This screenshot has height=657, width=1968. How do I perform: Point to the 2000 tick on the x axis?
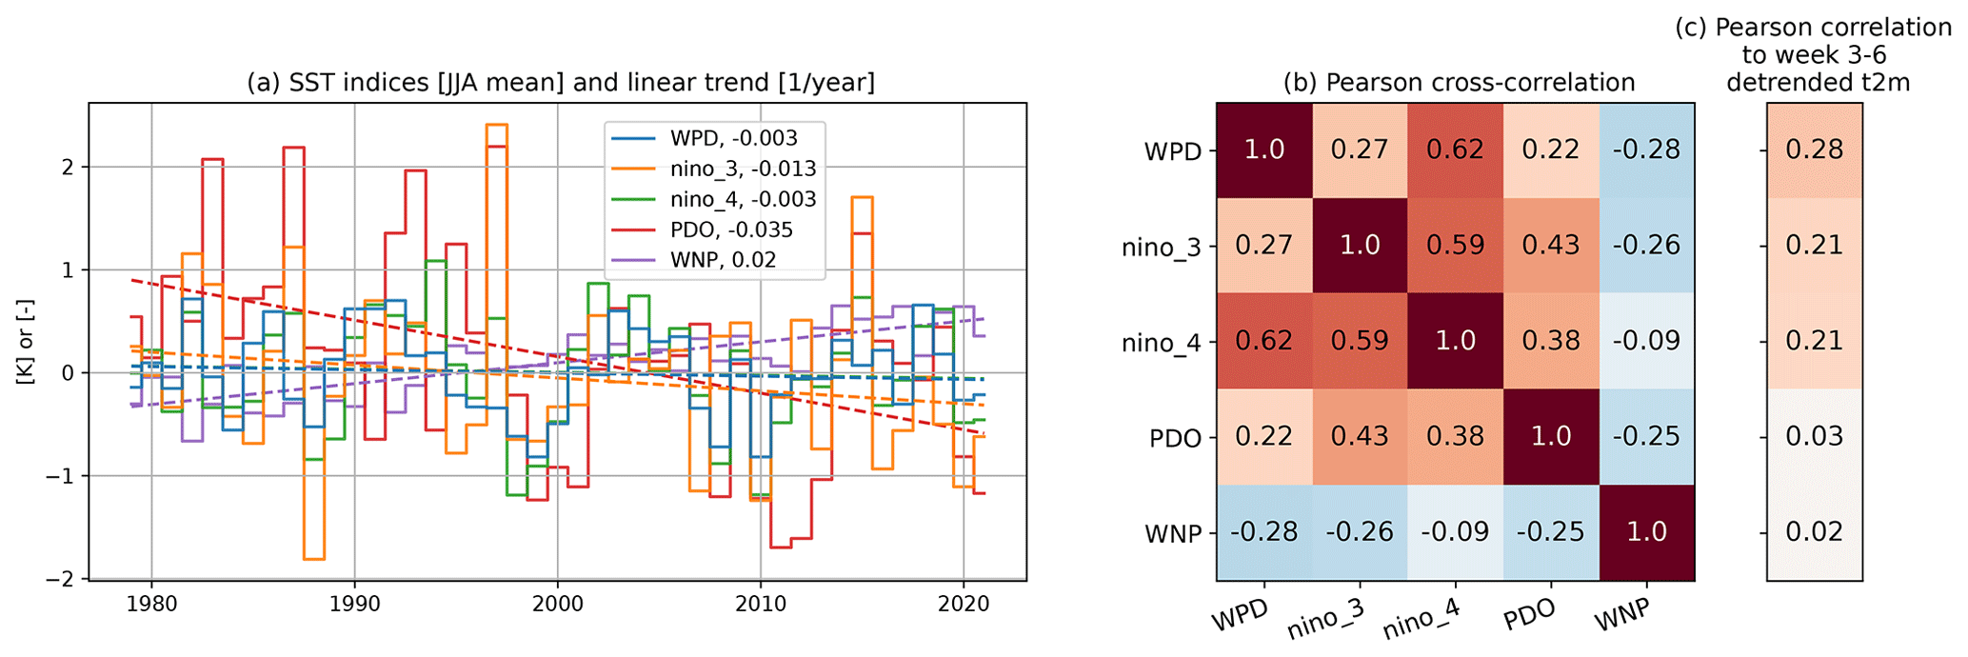pos(558,604)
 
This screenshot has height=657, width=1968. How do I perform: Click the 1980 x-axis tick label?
pos(151,604)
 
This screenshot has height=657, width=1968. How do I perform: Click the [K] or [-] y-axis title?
pos(26,342)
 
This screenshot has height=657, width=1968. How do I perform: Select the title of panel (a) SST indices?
pos(560,83)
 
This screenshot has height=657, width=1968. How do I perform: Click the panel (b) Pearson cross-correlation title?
pos(1459,83)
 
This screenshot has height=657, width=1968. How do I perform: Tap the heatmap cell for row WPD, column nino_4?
pos(1456,150)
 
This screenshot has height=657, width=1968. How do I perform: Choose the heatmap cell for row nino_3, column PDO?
pos(1551,246)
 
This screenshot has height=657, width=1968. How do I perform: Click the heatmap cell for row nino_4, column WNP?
pos(1646,341)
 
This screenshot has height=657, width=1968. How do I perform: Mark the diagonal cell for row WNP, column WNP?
pos(1646,532)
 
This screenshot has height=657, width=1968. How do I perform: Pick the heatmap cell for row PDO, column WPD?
pos(1264,437)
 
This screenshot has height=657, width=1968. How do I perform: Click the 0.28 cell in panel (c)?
pos(1814,150)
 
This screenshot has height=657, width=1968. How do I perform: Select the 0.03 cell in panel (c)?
pos(1814,437)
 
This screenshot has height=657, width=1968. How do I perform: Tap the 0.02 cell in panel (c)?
pos(1814,532)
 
